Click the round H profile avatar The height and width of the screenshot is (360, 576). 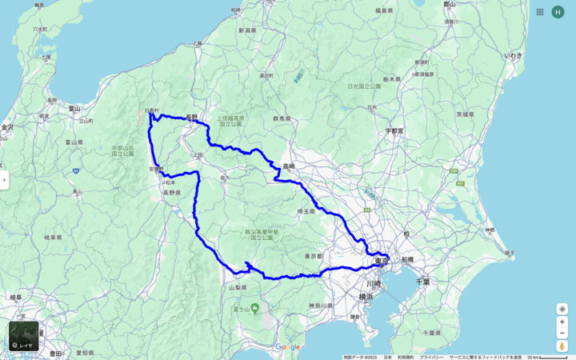tap(558, 12)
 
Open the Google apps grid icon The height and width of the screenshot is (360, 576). tap(540, 12)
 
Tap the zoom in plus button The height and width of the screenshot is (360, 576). tap(562, 322)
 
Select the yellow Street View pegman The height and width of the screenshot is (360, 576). tap(562, 346)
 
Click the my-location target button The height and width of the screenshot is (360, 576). tap(562, 309)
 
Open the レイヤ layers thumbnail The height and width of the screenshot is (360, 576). tap(23, 336)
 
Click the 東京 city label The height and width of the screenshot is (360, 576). tap(381, 261)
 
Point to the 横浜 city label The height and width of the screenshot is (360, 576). tap(366, 296)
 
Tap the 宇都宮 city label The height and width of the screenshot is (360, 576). tap(394, 130)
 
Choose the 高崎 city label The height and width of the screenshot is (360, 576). tap(288, 166)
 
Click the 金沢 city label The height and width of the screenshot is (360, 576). tap(7, 127)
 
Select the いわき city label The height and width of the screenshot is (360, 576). tap(513, 55)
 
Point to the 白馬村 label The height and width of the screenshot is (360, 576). tap(151, 110)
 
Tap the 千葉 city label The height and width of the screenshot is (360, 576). tap(423, 282)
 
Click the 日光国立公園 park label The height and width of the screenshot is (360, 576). tap(365, 86)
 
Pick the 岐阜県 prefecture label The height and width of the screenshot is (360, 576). tap(53, 238)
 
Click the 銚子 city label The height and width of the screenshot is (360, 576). tap(510, 253)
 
